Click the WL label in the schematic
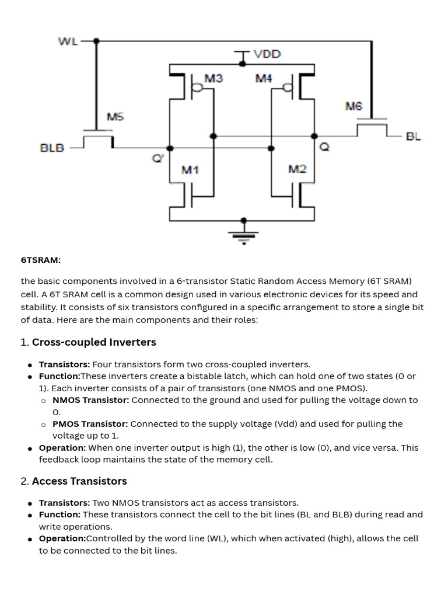pyautogui.click(x=68, y=41)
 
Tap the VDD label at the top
pyautogui.click(x=267, y=54)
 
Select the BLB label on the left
pyautogui.click(x=52, y=148)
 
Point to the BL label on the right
pyautogui.click(x=413, y=136)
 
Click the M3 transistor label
pyautogui.click(x=213, y=78)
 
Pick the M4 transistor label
pyautogui.click(x=264, y=78)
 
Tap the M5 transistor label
pyautogui.click(x=115, y=117)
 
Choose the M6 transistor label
pyautogui.click(x=353, y=106)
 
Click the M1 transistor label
pyautogui.click(x=190, y=170)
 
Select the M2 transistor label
pyautogui.click(x=297, y=169)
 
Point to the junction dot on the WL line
pyautogui.click(x=96, y=41)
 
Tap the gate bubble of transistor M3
pyautogui.click(x=198, y=88)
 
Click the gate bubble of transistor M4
pyautogui.click(x=286, y=88)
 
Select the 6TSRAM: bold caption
pyautogui.click(x=41, y=260)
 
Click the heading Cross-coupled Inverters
pyautogui.click(x=94, y=342)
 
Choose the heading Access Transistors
pyautogui.click(x=79, y=481)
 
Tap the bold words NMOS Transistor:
pyautogui.click(x=90, y=400)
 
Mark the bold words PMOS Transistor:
pyautogui.click(x=90, y=423)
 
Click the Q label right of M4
pyautogui.click(x=324, y=148)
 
